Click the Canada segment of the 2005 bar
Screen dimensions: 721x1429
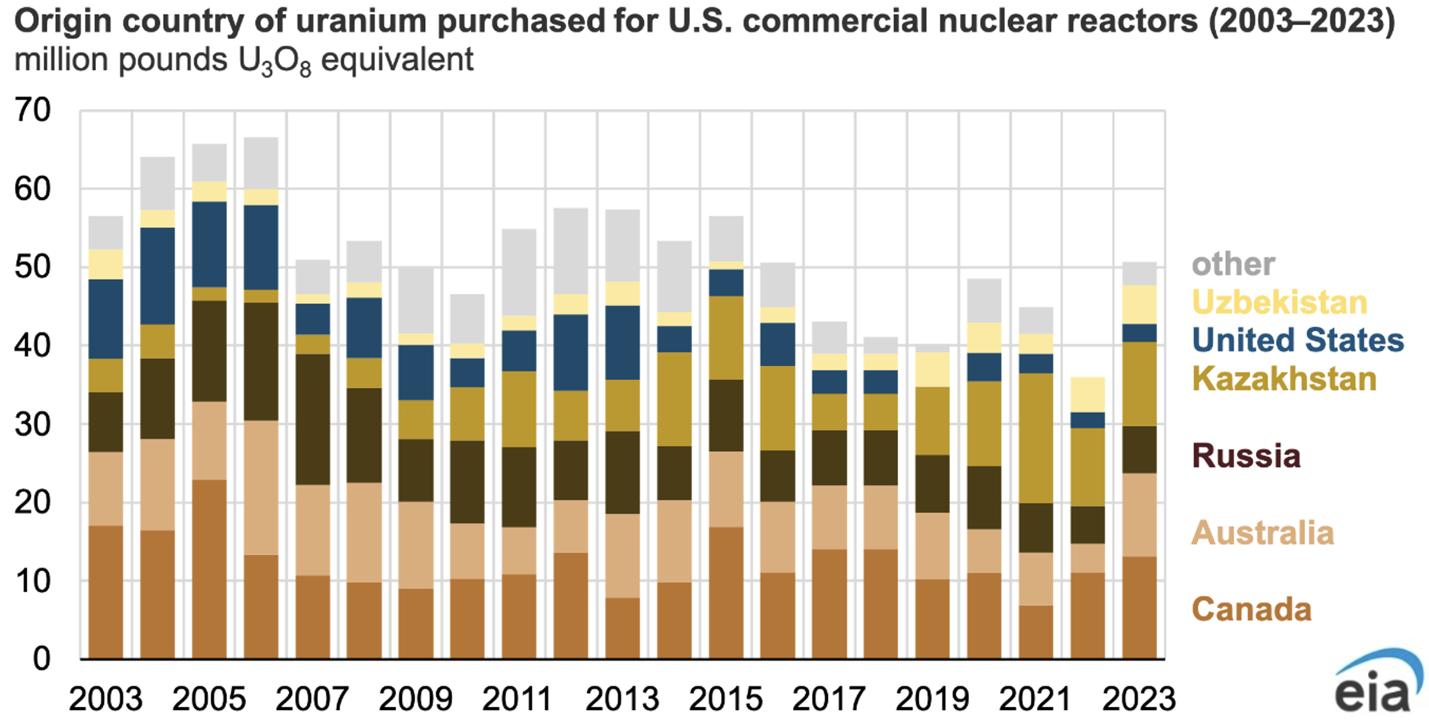[209, 569]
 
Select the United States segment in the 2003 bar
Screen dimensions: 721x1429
[106, 318]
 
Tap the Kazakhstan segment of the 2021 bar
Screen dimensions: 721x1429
[1036, 438]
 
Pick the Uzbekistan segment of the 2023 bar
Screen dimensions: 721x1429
[1139, 304]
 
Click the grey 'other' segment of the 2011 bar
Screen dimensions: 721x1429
[519, 272]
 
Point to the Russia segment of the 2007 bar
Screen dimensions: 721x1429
[312, 419]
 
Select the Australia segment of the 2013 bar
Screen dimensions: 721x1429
[622, 556]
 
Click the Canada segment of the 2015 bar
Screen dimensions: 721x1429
[726, 593]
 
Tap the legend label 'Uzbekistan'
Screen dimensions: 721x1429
[1279, 302]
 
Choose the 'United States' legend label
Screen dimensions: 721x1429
[1298, 340]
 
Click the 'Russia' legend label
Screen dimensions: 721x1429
[1246, 456]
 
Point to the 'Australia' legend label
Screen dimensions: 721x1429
[1262, 533]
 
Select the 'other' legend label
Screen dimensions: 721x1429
[1233, 264]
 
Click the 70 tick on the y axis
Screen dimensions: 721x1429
[33, 110]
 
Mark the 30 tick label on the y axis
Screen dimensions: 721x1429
[33, 424]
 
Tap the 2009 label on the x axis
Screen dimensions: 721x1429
[415, 699]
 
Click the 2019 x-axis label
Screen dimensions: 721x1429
[932, 699]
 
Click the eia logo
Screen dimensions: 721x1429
[1376, 682]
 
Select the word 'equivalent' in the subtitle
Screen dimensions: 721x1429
[397, 59]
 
